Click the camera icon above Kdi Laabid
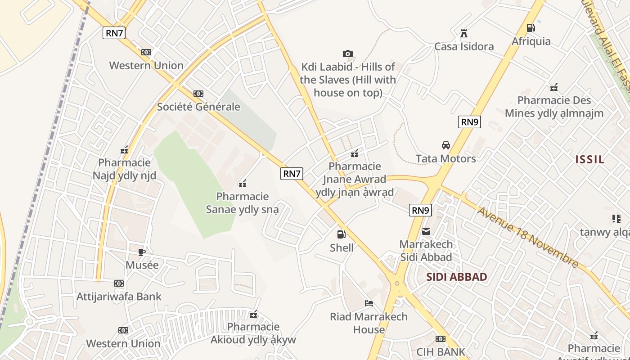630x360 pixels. point(347,54)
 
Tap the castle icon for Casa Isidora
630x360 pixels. point(464,33)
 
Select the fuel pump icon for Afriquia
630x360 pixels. point(531,28)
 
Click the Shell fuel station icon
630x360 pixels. point(342,234)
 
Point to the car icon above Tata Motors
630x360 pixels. point(445,145)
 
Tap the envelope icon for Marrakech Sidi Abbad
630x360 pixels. point(426,231)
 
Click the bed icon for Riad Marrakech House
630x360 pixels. point(369,303)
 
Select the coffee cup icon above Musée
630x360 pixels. point(142,252)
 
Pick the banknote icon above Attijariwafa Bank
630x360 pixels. point(119,283)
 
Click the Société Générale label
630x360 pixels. point(198,107)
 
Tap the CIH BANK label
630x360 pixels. point(441,352)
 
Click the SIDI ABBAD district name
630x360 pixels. point(457,277)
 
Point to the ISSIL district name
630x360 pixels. point(590,159)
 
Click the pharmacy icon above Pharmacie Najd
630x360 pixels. point(124,150)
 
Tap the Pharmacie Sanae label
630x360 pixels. point(242,203)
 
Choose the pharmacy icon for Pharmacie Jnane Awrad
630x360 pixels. point(355,153)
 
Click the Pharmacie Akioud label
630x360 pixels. point(253,333)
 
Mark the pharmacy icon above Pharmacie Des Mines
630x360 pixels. point(554,87)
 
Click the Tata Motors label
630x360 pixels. point(445,158)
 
